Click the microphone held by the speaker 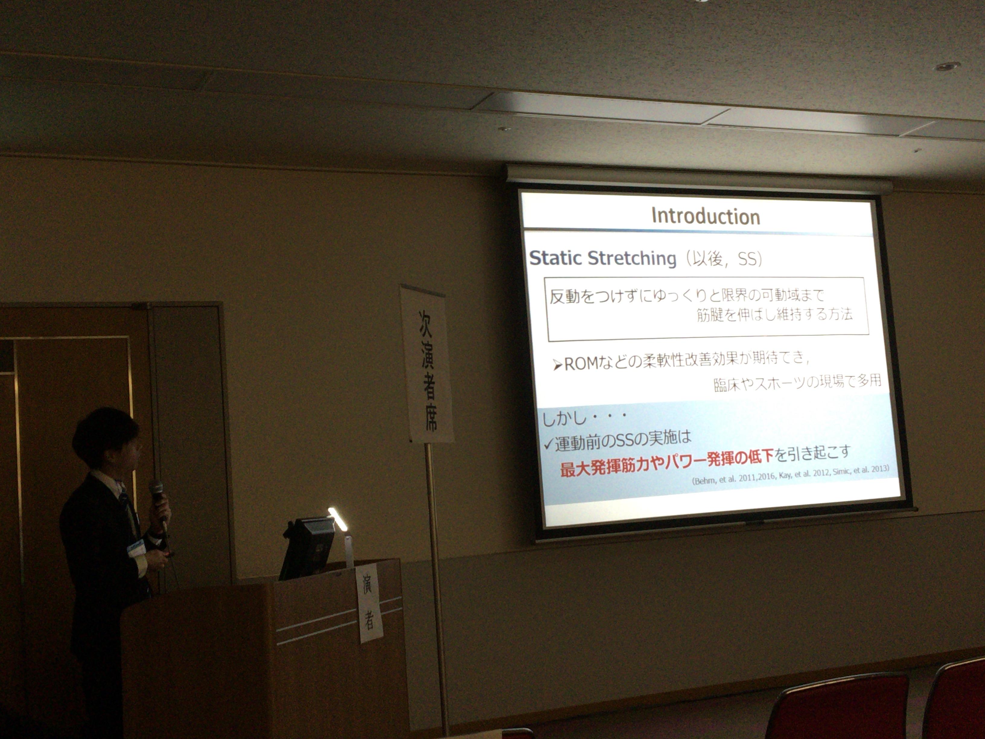(x=158, y=503)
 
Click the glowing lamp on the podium (x=337, y=519)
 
